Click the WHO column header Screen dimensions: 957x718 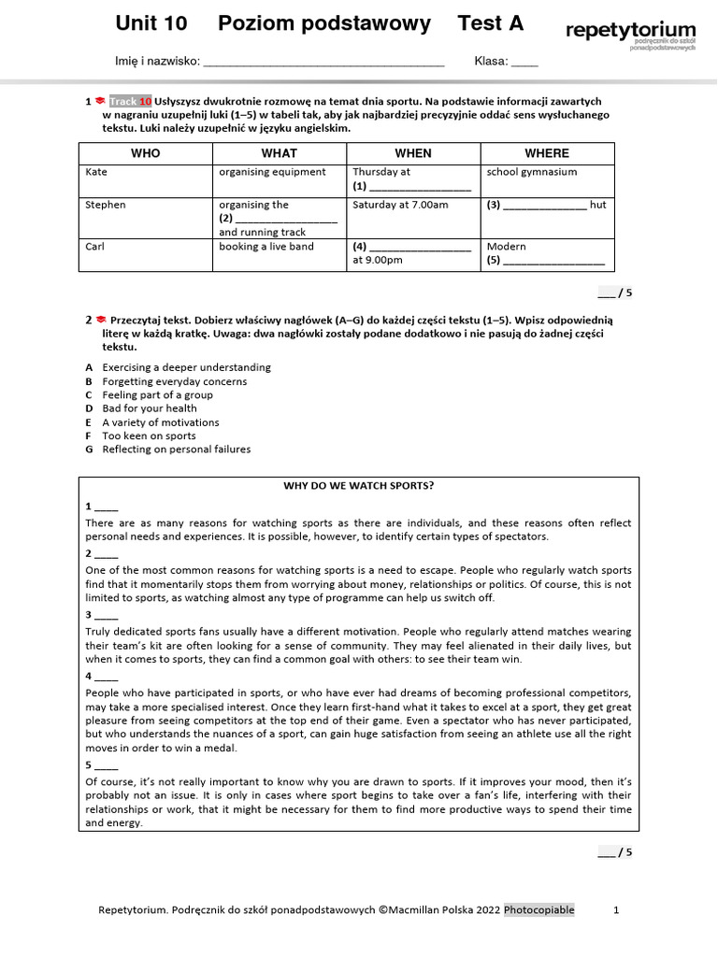[x=145, y=153]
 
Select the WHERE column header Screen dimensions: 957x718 [x=547, y=153]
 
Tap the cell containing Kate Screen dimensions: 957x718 [x=96, y=172]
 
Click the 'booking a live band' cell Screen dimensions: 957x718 [x=266, y=247]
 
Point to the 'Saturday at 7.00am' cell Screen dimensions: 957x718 [x=400, y=205]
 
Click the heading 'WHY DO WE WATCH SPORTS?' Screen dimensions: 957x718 [x=359, y=486]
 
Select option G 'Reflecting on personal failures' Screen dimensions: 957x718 [x=177, y=450]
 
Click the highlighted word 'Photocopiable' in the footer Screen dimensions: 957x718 [x=539, y=910]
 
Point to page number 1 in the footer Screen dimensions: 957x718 [x=615, y=910]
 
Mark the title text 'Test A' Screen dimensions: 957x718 [x=491, y=23]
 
